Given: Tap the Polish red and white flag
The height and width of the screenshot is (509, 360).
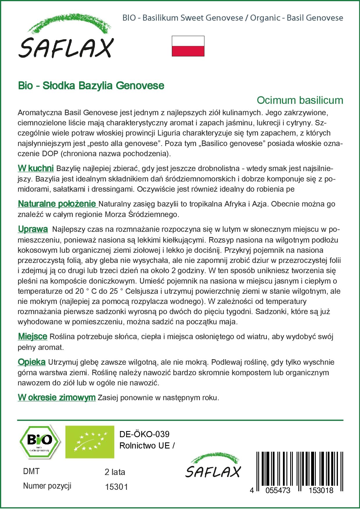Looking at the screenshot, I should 188,46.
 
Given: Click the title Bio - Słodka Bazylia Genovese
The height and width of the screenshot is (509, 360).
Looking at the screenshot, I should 91,86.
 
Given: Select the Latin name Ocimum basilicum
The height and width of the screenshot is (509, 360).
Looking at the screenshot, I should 300,100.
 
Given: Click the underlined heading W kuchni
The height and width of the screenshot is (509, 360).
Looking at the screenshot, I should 35,168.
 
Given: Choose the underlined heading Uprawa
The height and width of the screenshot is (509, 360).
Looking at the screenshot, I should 33,229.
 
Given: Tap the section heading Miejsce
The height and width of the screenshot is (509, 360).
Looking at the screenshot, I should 32,337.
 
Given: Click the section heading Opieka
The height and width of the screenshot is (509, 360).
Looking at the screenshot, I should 31,362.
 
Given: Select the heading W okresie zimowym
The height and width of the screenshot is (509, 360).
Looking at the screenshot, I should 56,397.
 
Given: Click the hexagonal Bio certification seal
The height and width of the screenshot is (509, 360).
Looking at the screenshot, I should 40,442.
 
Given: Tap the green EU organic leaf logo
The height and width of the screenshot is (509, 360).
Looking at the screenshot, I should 90,442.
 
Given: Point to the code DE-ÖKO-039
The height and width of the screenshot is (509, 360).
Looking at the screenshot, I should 144,434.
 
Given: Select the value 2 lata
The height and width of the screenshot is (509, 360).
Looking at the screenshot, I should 115,472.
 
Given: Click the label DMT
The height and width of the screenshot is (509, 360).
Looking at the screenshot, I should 31,471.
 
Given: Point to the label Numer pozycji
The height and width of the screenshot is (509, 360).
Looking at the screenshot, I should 47,486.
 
